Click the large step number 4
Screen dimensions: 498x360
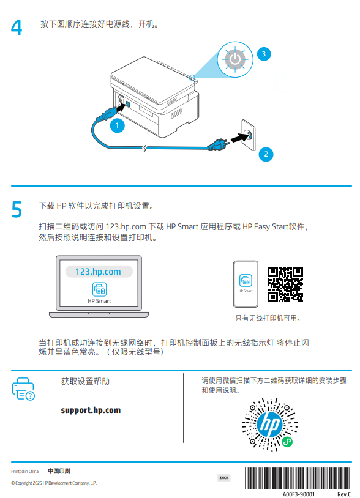click(17, 28)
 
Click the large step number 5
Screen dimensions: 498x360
click(17, 209)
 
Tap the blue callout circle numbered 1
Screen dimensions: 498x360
click(117, 126)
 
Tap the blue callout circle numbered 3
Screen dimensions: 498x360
click(263, 54)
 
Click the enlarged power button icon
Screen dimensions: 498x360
click(234, 59)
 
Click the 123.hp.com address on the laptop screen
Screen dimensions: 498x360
click(98, 272)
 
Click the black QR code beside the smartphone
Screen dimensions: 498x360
click(285, 284)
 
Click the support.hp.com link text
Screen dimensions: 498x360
click(91, 410)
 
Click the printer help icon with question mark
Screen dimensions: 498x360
click(24, 389)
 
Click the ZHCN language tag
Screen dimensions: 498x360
click(224, 478)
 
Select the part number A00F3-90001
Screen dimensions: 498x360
click(299, 493)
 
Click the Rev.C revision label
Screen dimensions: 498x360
click(343, 493)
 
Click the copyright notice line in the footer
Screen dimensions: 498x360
click(54, 483)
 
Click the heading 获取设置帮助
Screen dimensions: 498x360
click(85, 381)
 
